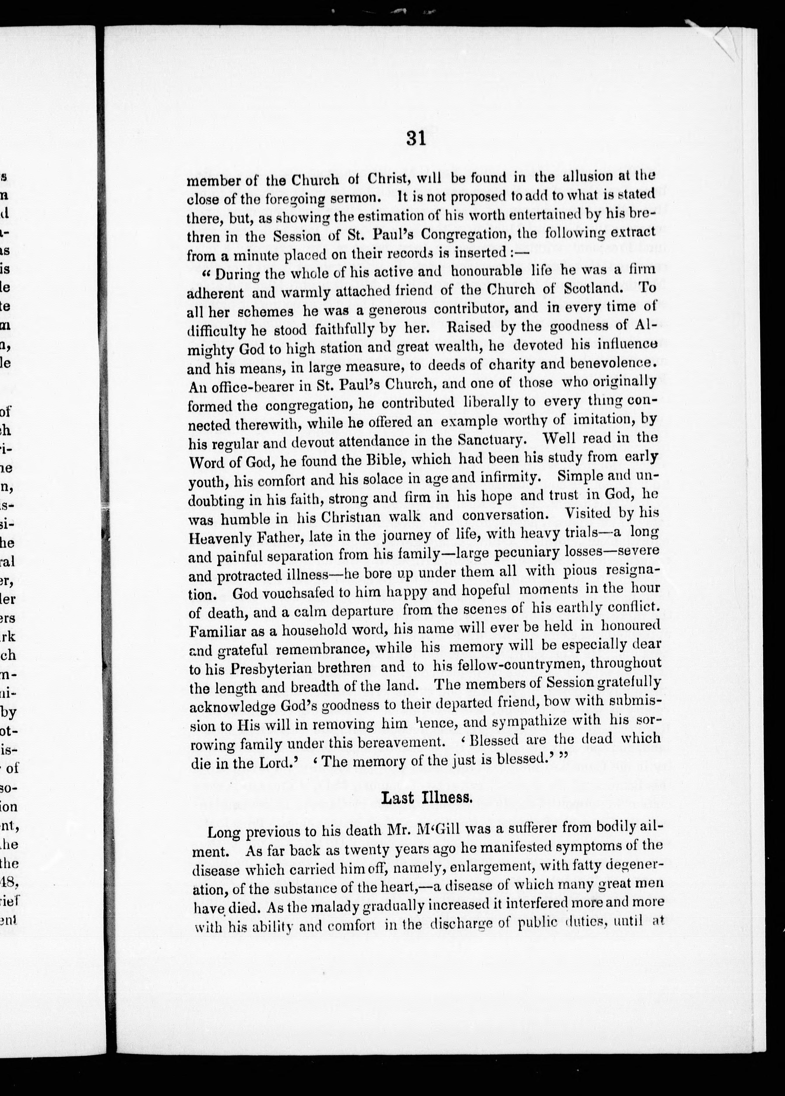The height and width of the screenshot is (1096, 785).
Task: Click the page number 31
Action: pos(416,139)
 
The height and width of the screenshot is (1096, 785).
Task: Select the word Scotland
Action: pos(596,289)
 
